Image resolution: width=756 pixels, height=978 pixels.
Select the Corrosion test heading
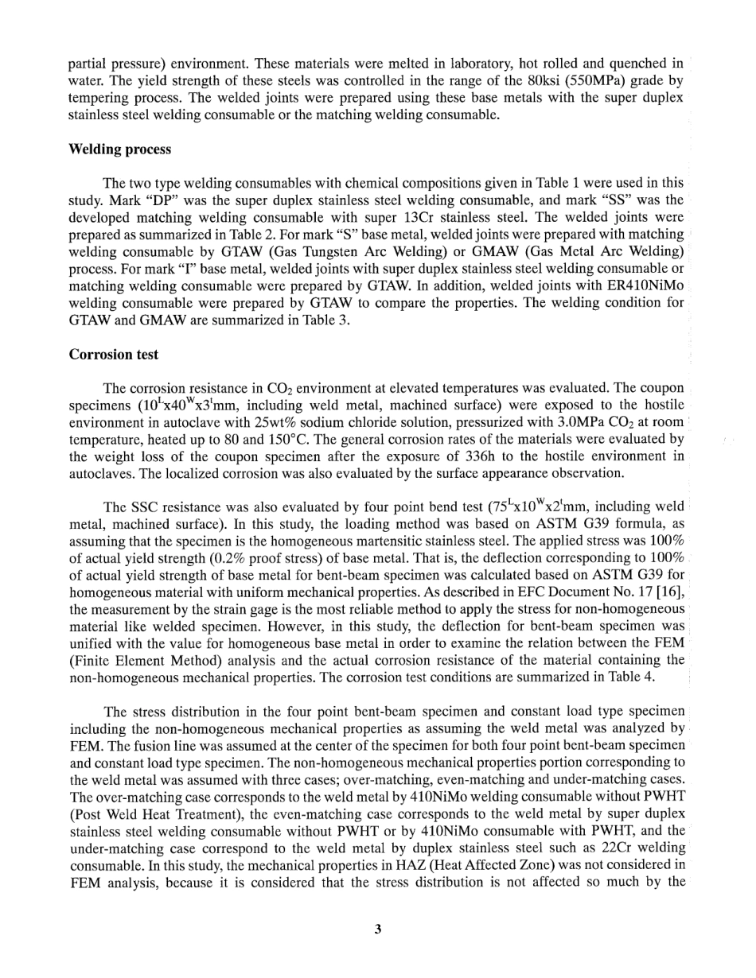(114, 355)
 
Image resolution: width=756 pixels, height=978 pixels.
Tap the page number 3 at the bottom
(378, 928)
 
